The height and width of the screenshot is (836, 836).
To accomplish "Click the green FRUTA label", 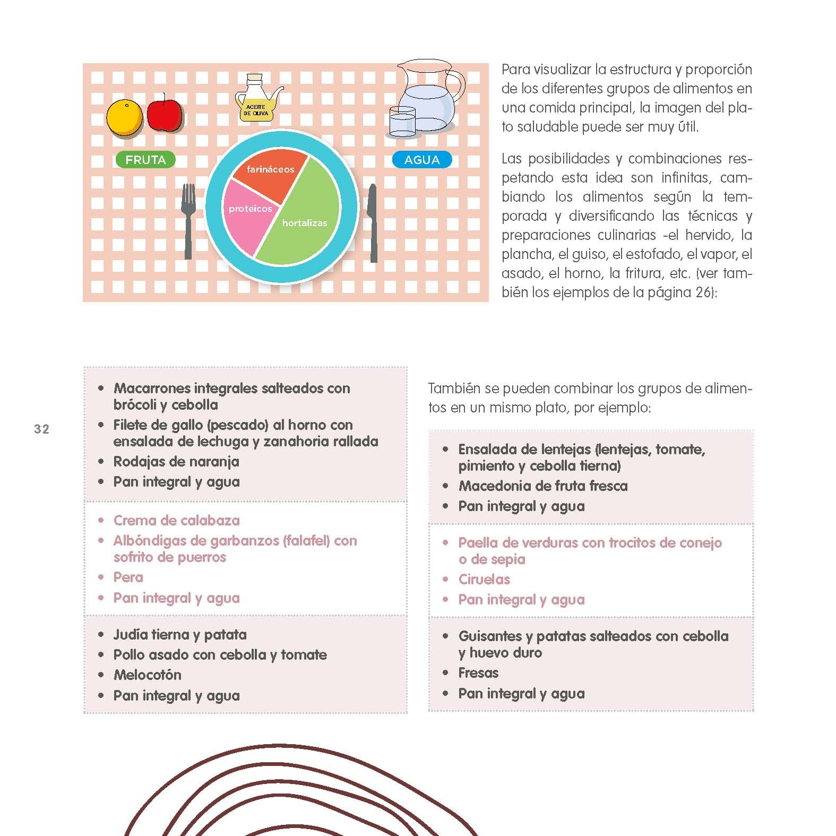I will click(x=145, y=160).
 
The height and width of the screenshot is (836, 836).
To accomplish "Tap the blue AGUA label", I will click(x=422, y=160).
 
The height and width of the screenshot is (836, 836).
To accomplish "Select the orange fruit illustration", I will click(x=124, y=118).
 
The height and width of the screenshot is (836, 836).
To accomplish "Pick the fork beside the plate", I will click(x=188, y=220).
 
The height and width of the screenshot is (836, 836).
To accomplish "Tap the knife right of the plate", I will click(x=373, y=223).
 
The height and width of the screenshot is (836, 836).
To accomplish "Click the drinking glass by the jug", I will click(x=402, y=122).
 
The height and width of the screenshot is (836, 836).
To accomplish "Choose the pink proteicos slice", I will click(x=248, y=215).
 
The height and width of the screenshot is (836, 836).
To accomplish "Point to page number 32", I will click(x=41, y=429).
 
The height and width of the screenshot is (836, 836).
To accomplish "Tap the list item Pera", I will click(x=128, y=577).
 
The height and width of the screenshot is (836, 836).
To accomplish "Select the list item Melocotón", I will click(x=147, y=675).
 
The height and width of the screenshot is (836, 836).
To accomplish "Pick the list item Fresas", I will click(x=478, y=673).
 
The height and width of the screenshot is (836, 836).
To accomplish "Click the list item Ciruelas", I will click(x=484, y=579).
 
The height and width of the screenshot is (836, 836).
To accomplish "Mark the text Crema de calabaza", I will click(x=176, y=520).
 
